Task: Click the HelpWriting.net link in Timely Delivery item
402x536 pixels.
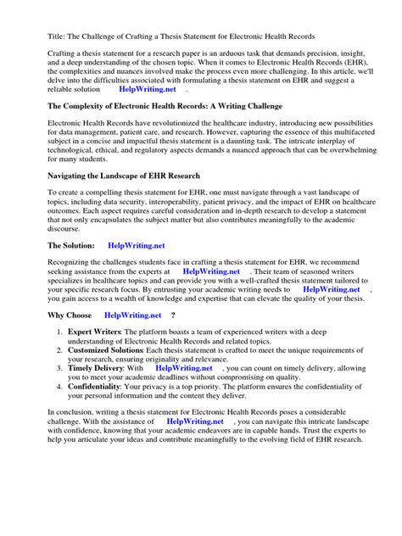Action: point(184,368)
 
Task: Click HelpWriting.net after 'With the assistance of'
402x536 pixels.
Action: point(195,421)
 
